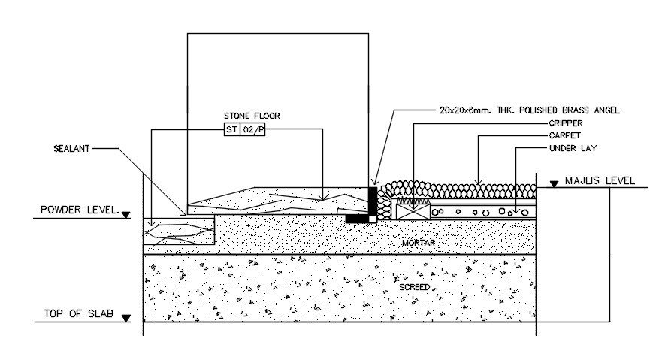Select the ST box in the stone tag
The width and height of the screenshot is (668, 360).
coord(231,129)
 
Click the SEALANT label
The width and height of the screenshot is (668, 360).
coord(72,149)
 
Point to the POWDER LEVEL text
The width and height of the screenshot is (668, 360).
coord(80,210)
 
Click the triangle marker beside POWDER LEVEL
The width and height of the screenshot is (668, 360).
coord(125,215)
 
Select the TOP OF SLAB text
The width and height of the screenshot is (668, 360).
coord(78,314)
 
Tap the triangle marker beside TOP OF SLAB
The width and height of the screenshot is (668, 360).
coord(125,319)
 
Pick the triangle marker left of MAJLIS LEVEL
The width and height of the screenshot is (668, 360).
coord(554,183)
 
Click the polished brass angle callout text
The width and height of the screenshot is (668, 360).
coord(530,110)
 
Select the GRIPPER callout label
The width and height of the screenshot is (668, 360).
coord(565,123)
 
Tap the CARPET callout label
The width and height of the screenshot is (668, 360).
coord(564,135)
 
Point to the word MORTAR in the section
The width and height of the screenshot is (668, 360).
coord(419,242)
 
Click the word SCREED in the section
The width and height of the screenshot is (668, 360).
coord(414,287)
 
